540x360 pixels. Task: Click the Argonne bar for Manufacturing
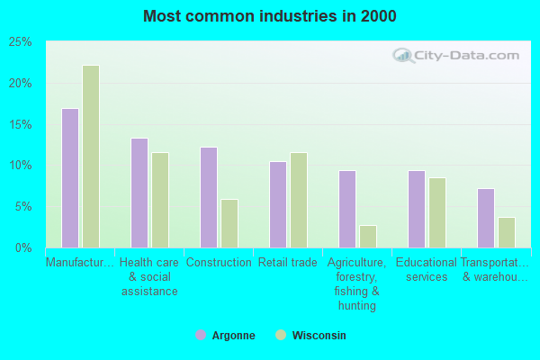coord(69,178)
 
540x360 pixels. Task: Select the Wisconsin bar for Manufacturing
coord(90,157)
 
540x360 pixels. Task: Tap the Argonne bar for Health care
coord(139,193)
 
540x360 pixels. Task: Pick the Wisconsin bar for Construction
coord(229,223)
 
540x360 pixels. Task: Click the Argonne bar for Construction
coord(208,197)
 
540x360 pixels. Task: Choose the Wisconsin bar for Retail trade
coord(298,200)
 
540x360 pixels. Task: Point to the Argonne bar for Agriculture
coord(346,209)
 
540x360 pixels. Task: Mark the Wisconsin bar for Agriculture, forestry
coord(367,236)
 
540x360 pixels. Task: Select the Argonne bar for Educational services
coord(416,209)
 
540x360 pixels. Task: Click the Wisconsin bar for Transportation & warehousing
coord(506,232)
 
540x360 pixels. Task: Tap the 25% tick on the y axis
coord(21,42)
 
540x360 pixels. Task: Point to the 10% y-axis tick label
coord(21,166)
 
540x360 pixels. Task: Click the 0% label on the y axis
coord(24,247)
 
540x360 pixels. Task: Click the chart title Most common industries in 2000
coord(269,16)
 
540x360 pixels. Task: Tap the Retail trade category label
coord(288,263)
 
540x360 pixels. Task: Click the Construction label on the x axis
coord(218,263)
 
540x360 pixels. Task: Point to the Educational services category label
coord(427,270)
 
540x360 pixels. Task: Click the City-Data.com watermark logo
coord(454,56)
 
